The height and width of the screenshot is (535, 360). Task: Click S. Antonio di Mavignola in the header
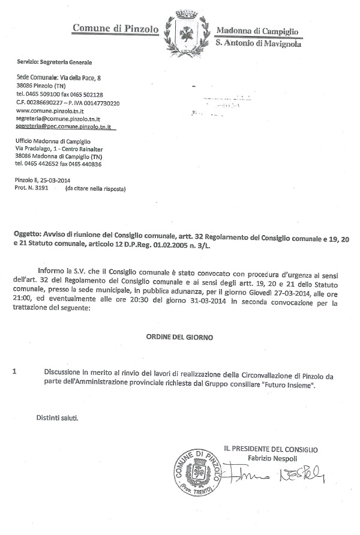coord(258,43)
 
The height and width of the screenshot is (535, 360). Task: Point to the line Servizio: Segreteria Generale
coord(55,62)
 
